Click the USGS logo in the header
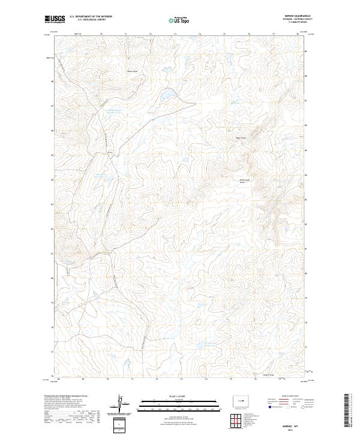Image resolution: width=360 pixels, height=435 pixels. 52,19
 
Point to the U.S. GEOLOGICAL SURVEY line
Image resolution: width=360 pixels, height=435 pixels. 90,20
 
